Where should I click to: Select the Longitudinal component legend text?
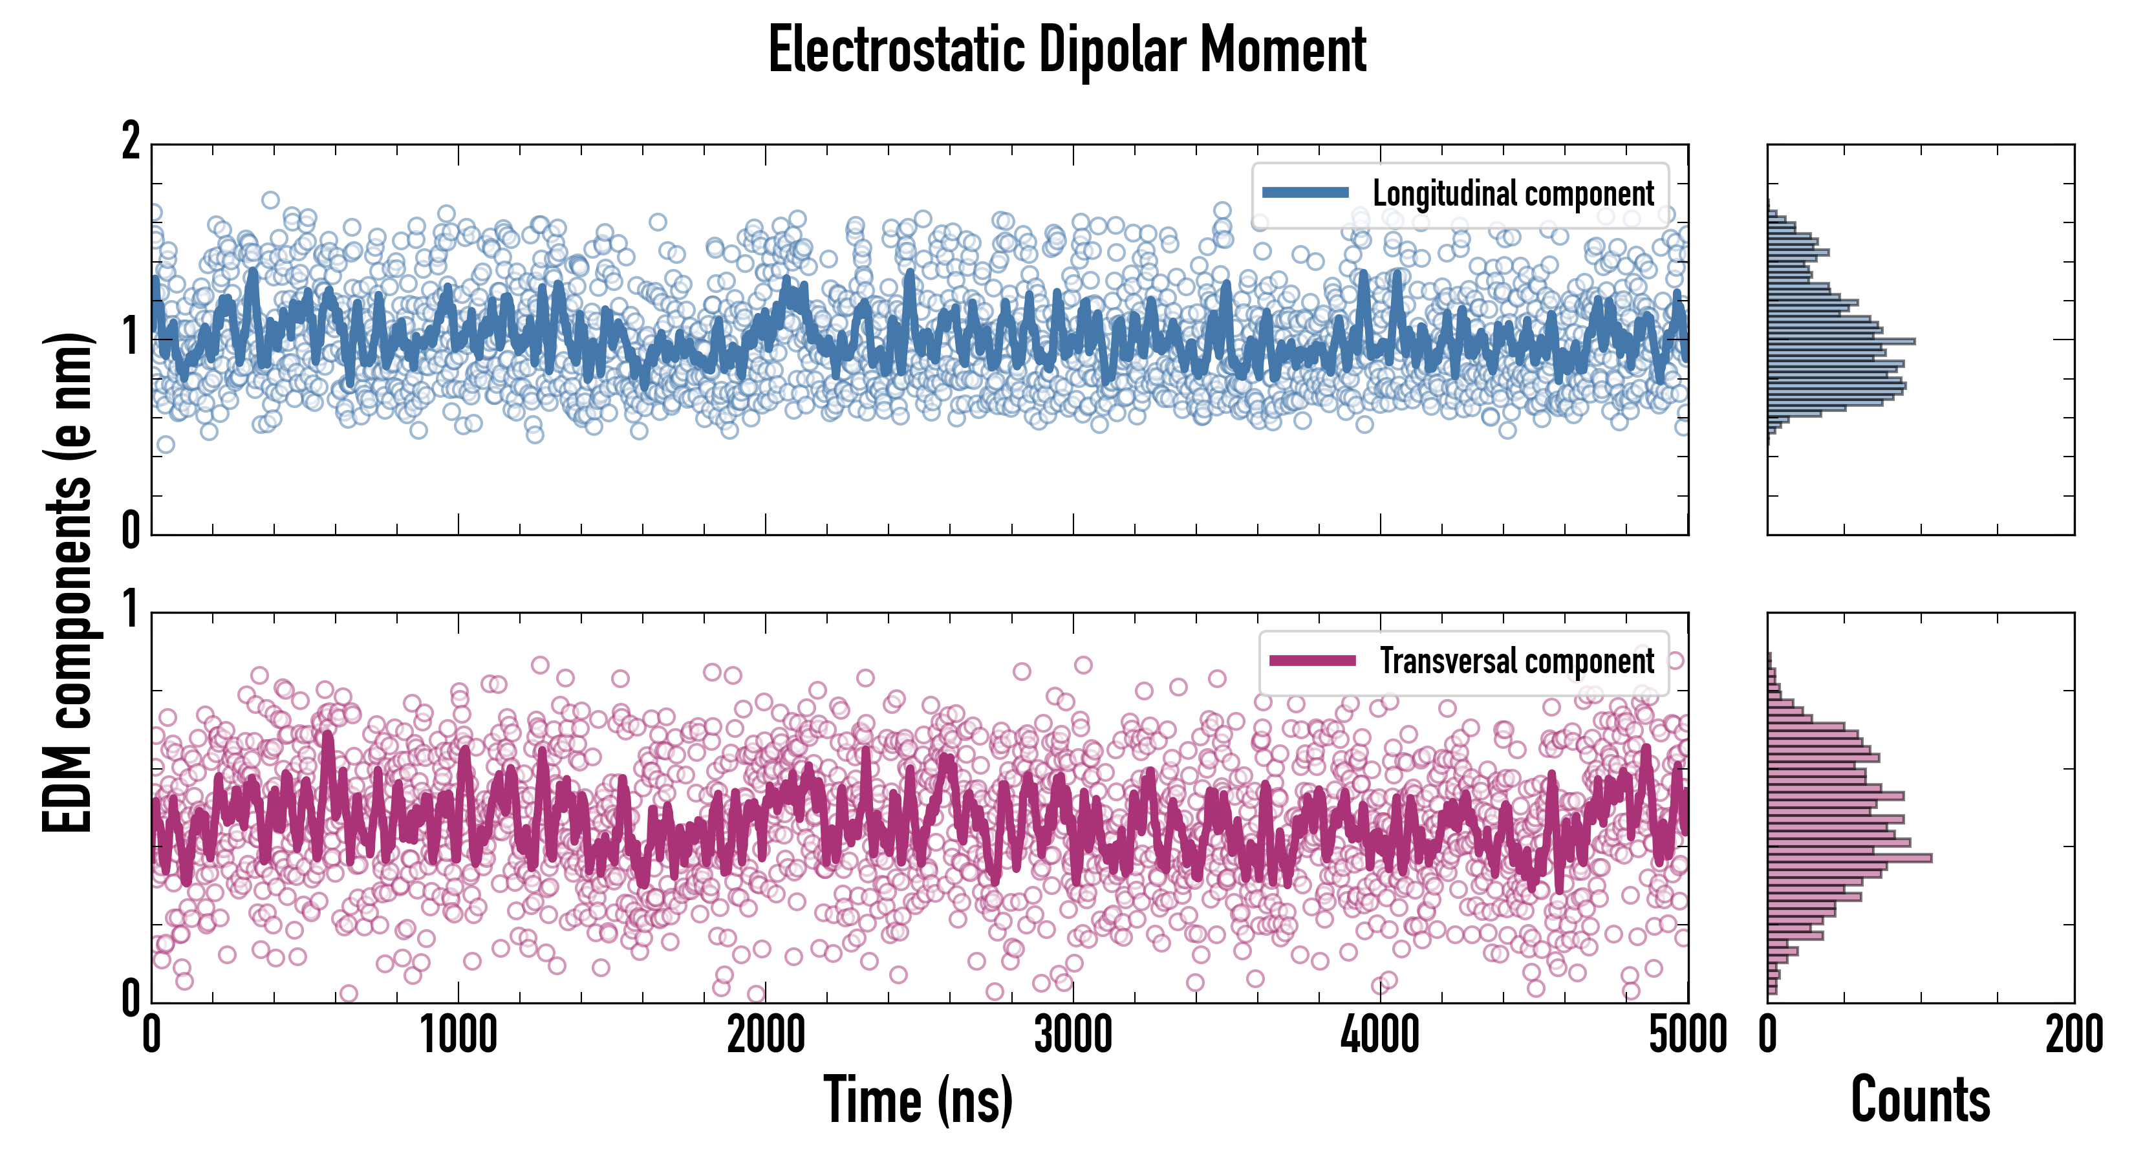[1513, 194]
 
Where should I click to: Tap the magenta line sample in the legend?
[1312, 660]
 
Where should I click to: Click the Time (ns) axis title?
[918, 1099]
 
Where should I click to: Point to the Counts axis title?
[1919, 1099]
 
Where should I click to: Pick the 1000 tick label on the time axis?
[458, 1035]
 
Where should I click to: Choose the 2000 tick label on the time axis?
[766, 1035]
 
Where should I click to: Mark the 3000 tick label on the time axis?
[1073, 1035]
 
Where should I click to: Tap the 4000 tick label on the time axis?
[1380, 1035]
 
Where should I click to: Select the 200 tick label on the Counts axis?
[2073, 1035]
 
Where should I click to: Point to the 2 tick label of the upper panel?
[131, 142]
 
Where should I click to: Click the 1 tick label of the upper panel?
[131, 336]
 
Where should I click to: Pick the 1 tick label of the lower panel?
[131, 610]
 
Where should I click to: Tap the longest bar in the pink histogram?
[1849, 857]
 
